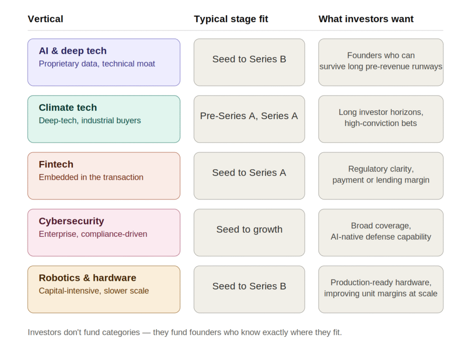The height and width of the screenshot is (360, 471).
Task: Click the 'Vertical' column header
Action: (46, 19)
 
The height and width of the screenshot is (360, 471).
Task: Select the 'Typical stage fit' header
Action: (231, 19)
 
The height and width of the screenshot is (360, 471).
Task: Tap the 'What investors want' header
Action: (366, 19)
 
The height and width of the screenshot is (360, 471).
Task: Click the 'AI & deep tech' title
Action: (73, 51)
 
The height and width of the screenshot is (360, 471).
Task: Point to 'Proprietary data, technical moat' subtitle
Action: (97, 63)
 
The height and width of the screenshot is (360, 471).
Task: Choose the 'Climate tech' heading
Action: (68, 108)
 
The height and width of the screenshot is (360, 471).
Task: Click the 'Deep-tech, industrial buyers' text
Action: (90, 120)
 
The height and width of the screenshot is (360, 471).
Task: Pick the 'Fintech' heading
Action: (56, 164)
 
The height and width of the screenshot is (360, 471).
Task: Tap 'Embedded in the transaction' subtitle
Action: (91, 177)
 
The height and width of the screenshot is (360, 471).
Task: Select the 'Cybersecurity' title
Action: (71, 221)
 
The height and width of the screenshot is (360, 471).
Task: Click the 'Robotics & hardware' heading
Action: (87, 278)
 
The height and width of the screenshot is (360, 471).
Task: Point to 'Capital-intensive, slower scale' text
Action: (94, 291)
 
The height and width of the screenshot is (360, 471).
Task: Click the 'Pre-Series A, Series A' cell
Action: (249, 119)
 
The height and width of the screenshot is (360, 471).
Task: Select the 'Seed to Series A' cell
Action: (249, 176)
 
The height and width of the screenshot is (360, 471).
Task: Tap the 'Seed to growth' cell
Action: (249, 232)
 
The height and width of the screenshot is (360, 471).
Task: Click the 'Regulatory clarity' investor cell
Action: (381, 176)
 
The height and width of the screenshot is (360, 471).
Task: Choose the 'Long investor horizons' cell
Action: (381, 119)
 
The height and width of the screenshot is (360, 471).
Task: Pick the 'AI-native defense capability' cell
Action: (381, 232)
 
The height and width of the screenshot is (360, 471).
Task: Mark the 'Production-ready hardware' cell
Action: (381, 289)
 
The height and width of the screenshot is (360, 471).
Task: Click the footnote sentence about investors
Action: (185, 332)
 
